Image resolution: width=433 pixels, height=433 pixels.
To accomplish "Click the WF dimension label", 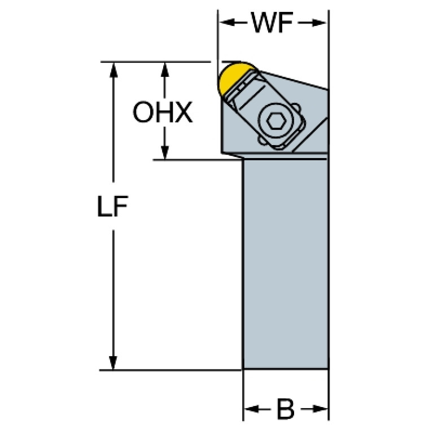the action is (272, 23).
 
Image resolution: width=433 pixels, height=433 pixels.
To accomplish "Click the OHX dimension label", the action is (163, 112).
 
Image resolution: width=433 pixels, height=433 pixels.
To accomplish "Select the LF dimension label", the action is (112, 206).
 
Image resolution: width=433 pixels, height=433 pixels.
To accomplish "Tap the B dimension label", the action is (285, 409).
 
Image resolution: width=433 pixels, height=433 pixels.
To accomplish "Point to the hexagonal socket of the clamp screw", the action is (276, 121).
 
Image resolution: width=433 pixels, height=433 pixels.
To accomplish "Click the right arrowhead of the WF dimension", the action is (319, 23).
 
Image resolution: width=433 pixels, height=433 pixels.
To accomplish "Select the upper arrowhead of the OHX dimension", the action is (165, 70).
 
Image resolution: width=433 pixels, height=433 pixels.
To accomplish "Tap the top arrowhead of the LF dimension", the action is (113, 70).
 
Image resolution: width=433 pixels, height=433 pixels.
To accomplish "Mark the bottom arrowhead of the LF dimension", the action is (113, 362).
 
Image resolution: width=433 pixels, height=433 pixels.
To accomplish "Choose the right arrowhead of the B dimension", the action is (320, 409).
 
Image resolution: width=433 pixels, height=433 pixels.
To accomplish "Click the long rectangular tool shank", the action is (285, 264).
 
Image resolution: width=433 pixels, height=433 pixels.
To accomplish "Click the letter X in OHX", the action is (183, 112).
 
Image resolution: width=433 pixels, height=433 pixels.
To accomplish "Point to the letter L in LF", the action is (104, 206).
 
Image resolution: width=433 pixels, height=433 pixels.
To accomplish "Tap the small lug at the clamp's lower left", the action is (263, 140).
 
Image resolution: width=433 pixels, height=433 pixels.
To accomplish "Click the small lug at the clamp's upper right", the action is (295, 107).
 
